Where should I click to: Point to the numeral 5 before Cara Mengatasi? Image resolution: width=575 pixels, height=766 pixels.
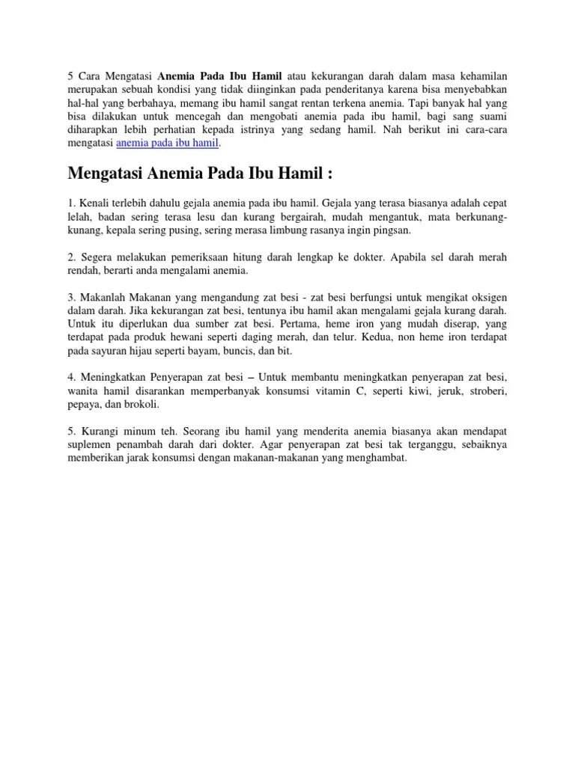coord(70,75)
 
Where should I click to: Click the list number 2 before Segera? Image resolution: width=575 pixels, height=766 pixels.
coord(71,257)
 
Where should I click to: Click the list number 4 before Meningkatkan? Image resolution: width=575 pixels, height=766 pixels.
coord(71,378)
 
